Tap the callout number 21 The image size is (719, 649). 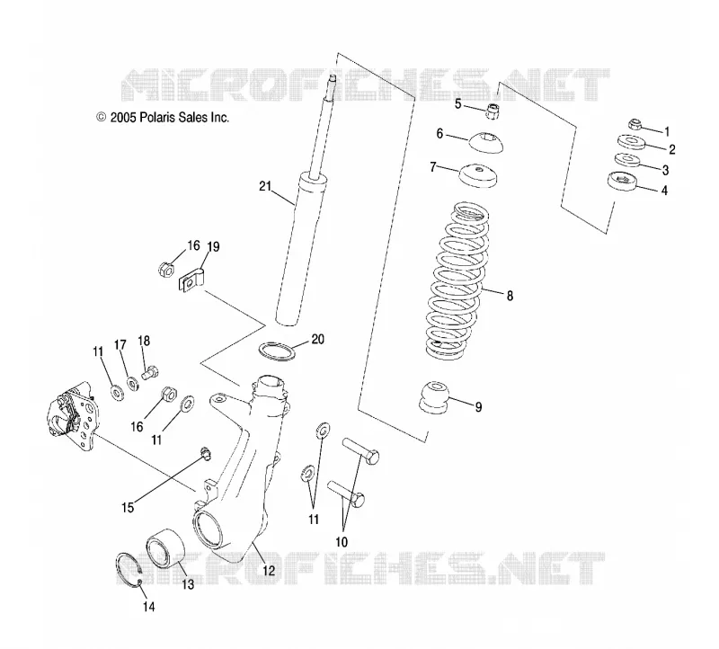(x=265, y=186)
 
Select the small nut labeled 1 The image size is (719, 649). (x=635, y=124)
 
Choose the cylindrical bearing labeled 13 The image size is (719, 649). (x=165, y=547)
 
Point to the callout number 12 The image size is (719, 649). (x=268, y=570)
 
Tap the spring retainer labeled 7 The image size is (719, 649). (x=478, y=175)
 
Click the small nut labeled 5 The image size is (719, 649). (x=493, y=111)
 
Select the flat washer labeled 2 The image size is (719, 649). (x=632, y=142)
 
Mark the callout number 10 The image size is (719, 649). (x=342, y=542)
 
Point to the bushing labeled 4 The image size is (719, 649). (x=622, y=181)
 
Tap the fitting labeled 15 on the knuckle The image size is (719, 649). (x=206, y=454)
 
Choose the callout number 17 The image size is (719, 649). (x=120, y=345)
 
